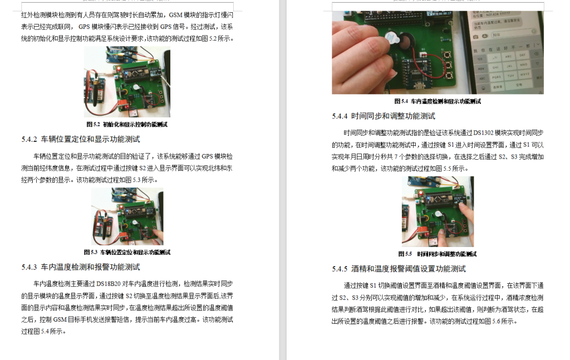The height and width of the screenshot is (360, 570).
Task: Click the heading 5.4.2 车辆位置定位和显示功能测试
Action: coord(81,139)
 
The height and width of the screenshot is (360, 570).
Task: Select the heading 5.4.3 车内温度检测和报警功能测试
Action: coord(81,267)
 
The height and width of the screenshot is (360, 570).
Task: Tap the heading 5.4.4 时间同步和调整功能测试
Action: coord(384,116)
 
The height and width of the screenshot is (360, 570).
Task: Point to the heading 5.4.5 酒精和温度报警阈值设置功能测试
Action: coord(399,269)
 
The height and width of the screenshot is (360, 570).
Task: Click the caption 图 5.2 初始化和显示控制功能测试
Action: coord(126,124)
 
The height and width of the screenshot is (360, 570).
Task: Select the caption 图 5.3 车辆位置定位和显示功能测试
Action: coord(127,252)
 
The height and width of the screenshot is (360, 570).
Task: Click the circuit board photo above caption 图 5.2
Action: coord(127,82)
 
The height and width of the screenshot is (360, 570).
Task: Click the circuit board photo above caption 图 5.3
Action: coord(127,216)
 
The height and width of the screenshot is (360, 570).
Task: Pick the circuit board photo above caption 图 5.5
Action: coord(438,211)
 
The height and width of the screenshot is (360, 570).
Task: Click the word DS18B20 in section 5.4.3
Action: coord(109,283)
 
